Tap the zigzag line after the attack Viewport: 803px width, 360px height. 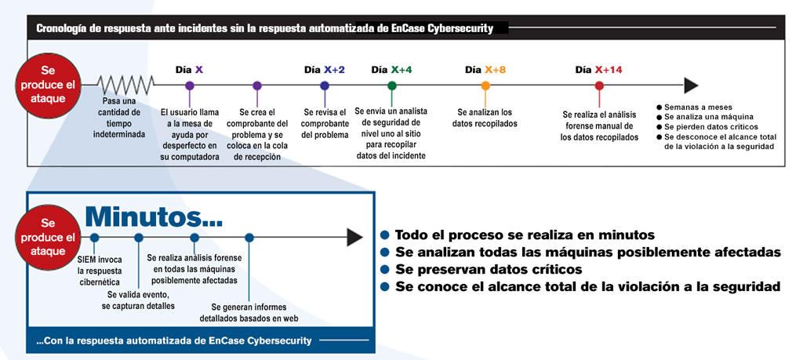(x=125, y=85)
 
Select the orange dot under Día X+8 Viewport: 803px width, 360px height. (x=485, y=86)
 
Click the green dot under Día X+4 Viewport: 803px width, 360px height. (x=392, y=86)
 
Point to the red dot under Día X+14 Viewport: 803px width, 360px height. (x=599, y=86)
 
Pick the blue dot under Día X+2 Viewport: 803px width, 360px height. (x=324, y=86)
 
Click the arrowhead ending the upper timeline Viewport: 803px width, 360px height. (x=692, y=85)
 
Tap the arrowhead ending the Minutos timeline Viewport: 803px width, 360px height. (x=355, y=237)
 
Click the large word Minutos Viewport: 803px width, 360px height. (x=153, y=216)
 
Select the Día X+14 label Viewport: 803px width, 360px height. (x=598, y=70)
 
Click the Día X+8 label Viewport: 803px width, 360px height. (x=485, y=70)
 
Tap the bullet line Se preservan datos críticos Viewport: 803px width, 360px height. (x=483, y=269)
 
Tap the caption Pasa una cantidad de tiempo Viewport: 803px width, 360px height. (x=119, y=118)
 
